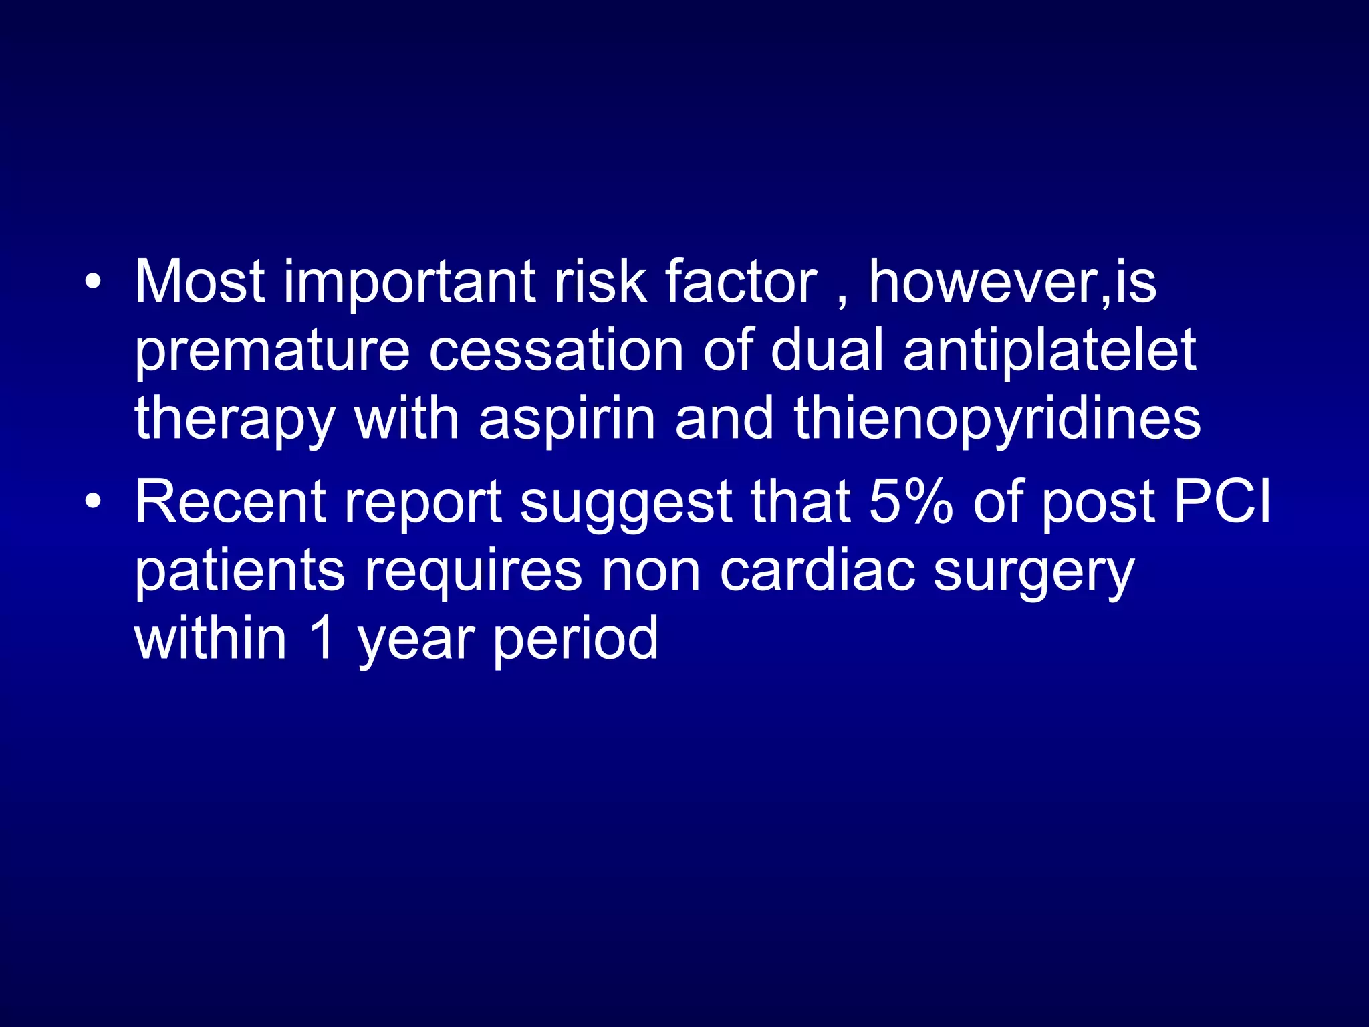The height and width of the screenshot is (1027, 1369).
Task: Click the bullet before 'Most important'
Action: point(94,281)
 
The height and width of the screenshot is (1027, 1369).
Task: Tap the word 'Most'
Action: point(200,281)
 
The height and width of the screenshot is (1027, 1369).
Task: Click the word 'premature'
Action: point(271,352)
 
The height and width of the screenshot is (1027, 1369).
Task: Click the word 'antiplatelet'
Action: point(1049,352)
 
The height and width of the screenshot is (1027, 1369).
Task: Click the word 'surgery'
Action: point(1033,574)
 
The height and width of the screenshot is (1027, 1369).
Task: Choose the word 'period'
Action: point(576,641)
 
